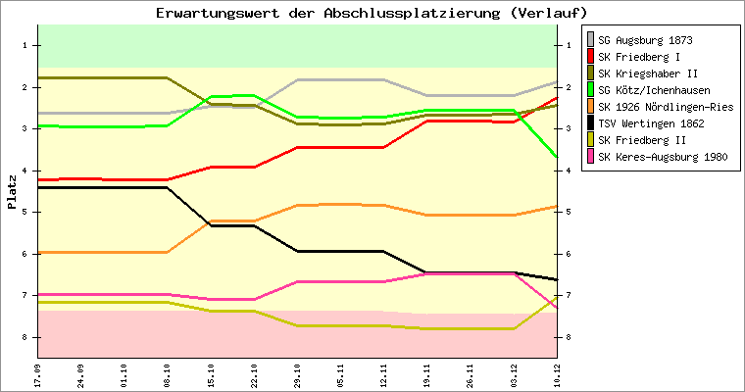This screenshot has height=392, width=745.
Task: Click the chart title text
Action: pyautogui.click(x=372, y=13)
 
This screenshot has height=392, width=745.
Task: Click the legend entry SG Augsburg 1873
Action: pyautogui.click(x=646, y=40)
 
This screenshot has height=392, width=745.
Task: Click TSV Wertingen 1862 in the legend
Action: pyautogui.click(x=650, y=123)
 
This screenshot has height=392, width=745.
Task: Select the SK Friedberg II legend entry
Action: pyautogui.click(x=642, y=140)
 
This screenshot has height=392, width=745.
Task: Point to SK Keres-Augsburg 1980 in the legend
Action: pyautogui.click(x=663, y=157)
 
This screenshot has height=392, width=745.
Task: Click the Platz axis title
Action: pyautogui.click(x=12, y=192)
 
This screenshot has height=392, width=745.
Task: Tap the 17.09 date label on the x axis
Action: pyautogui.click(x=37, y=374)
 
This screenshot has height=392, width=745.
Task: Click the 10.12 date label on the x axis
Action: pyautogui.click(x=557, y=374)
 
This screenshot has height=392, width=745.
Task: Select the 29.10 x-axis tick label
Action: pyautogui.click(x=297, y=374)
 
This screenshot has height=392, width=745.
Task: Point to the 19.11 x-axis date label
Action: pyautogui.click(x=426, y=374)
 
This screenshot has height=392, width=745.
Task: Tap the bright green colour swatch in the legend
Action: pyautogui.click(x=590, y=90)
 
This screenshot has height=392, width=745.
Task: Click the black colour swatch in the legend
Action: pyautogui.click(x=590, y=123)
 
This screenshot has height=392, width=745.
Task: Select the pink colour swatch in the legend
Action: pyautogui.click(x=590, y=157)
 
